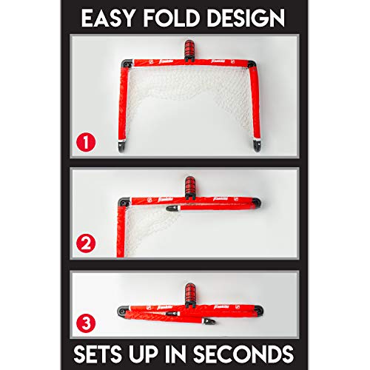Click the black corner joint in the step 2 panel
tap(123, 201)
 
